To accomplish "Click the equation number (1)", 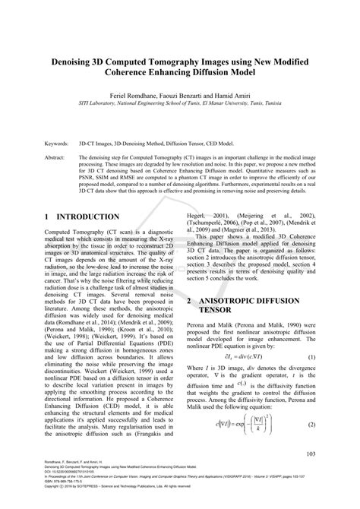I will pos(311,356).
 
